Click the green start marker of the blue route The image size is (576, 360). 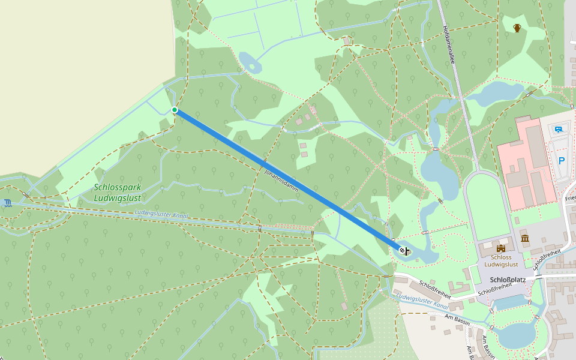(x=175, y=110)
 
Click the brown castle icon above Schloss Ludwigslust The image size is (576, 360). (x=501, y=248)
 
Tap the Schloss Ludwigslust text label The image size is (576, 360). (x=500, y=260)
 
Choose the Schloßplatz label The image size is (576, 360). (x=508, y=280)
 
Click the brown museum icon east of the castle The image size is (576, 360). (x=526, y=239)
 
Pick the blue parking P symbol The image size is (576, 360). (x=562, y=160)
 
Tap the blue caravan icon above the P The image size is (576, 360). (x=559, y=129)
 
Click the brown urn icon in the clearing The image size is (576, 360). (x=517, y=28)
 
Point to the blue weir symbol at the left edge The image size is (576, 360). (x=7, y=203)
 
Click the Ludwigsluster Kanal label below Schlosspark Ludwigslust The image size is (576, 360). (x=161, y=214)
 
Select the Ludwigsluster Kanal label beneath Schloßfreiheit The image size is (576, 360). (x=422, y=301)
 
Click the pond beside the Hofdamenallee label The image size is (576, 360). (x=493, y=93)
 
